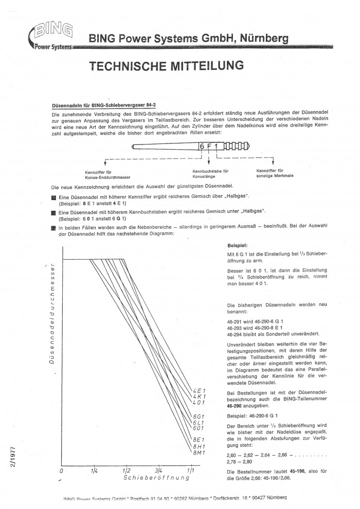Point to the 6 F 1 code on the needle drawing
pyautogui.click(x=209, y=146)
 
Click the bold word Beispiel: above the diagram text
pyautogui.click(x=238, y=246)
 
